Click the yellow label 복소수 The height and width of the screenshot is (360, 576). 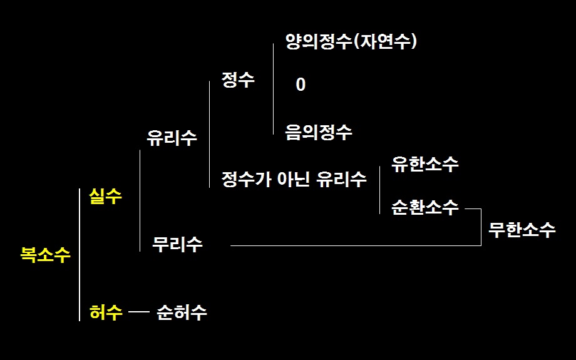coord(45,254)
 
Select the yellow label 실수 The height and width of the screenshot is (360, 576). coord(105,196)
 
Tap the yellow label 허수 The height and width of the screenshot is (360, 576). coord(106,312)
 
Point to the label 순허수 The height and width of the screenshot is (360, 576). coord(182,312)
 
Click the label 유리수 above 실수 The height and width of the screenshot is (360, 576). coord(172,138)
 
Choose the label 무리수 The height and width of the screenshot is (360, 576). coord(177,244)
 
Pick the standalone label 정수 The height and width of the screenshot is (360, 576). coord(238,80)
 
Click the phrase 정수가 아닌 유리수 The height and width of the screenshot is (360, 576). coord(294,179)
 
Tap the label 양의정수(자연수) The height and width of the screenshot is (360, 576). coord(351,41)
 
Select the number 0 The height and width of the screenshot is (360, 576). coord(301,85)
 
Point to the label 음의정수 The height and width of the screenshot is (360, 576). coord(319,132)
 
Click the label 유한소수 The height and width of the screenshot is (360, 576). coord(425,164)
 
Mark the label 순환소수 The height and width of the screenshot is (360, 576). coord(425,207)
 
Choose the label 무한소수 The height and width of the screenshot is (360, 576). coord(522,230)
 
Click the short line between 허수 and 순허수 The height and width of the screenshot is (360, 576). coord(139,312)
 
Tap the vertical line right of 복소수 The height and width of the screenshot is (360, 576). coord(80,255)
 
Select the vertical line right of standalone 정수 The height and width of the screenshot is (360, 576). coord(274,89)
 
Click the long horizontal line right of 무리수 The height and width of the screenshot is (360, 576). coord(356,245)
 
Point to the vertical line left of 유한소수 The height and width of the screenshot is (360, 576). coord(380,190)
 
